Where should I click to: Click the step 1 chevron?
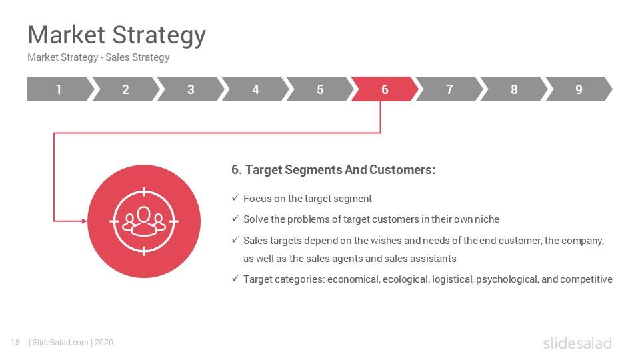click(x=59, y=89)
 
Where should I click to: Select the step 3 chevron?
click(x=191, y=89)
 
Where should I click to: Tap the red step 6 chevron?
click(x=385, y=89)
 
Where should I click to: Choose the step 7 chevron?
click(x=449, y=89)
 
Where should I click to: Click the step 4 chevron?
click(x=255, y=89)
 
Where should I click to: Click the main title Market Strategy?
click(x=117, y=35)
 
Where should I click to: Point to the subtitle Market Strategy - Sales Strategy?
click(x=99, y=57)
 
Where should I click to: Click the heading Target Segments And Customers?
click(x=333, y=170)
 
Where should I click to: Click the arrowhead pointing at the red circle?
click(x=85, y=221)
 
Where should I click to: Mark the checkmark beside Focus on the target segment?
click(x=235, y=198)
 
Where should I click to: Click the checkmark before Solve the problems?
click(x=235, y=219)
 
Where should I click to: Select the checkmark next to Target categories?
click(x=235, y=279)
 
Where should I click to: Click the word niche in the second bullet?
click(x=487, y=219)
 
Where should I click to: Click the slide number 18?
click(x=15, y=343)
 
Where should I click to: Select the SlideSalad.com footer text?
click(x=61, y=343)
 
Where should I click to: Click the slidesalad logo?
click(x=577, y=343)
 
